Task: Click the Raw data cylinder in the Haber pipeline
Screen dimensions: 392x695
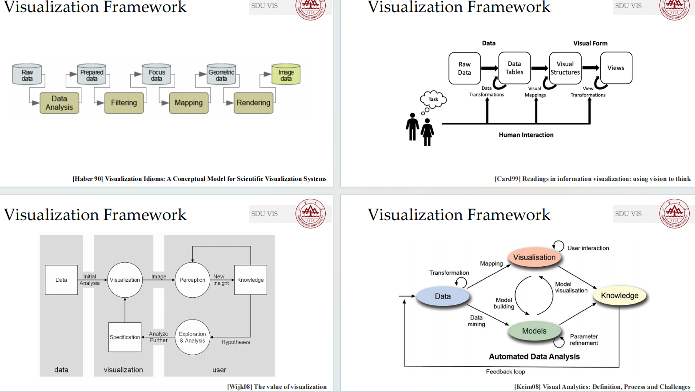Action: point(27,75)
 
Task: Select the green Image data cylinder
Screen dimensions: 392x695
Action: point(286,75)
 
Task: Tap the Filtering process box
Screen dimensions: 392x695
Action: point(124,103)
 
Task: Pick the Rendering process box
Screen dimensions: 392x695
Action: point(253,103)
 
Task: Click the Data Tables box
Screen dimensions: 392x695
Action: point(514,68)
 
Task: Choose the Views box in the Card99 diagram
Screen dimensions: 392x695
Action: point(616,68)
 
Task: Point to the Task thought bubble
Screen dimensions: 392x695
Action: point(433,99)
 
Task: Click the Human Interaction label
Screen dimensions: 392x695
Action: point(526,135)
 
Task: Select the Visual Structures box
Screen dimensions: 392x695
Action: point(565,68)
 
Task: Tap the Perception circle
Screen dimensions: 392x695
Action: point(192,280)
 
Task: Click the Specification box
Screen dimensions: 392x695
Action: point(125,337)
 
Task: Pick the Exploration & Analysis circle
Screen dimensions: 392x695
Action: point(192,337)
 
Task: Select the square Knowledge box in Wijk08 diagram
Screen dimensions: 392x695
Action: point(251,280)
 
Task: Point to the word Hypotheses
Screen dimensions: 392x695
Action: point(236,342)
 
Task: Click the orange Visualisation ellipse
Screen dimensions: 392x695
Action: point(534,257)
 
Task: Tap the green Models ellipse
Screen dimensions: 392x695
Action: point(534,331)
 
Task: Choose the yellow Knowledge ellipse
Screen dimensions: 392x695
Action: point(619,296)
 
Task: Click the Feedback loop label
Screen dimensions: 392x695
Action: point(505,372)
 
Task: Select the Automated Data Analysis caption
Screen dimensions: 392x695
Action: point(534,356)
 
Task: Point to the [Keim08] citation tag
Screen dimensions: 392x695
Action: point(527,387)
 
